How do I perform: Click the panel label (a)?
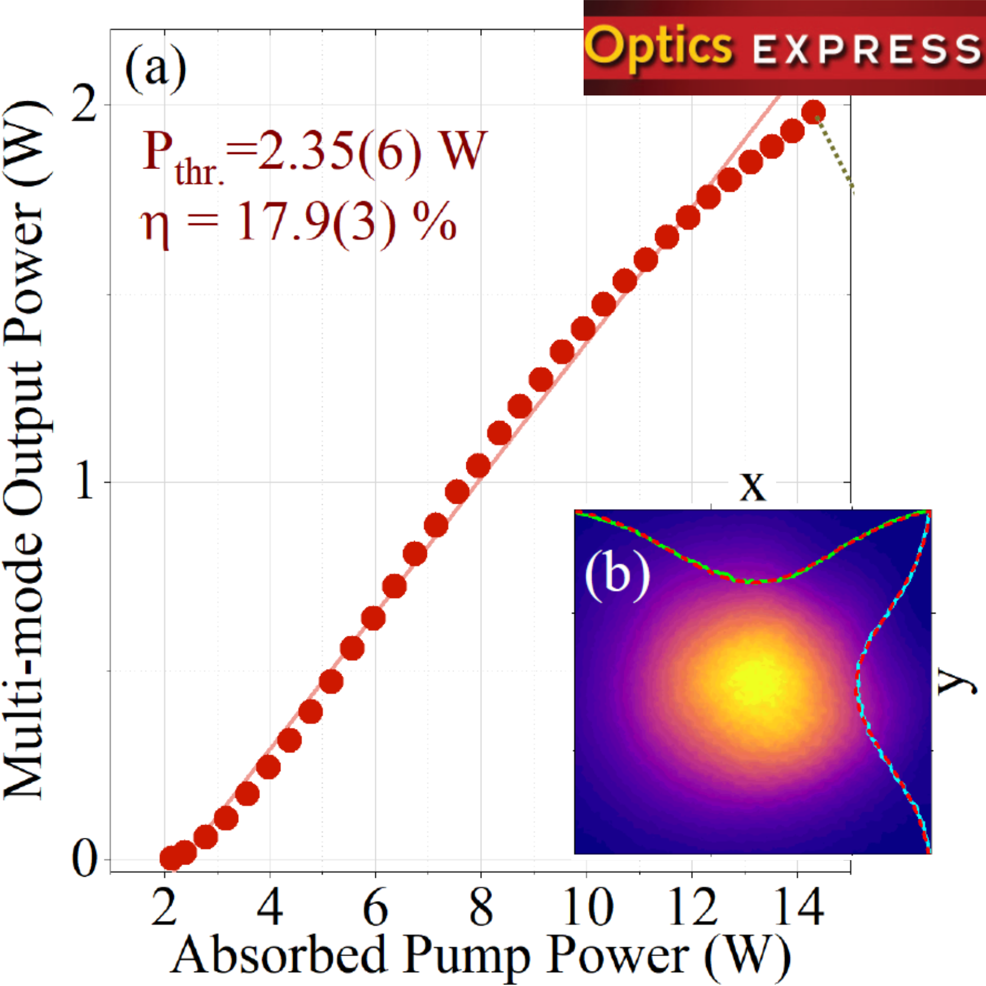156,69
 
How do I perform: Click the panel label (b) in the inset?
617,575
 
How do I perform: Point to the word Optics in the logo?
659,48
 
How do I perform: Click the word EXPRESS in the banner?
866,50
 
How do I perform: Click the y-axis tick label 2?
84,105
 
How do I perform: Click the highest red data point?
813,112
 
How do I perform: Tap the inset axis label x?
753,485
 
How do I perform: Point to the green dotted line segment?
835,152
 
